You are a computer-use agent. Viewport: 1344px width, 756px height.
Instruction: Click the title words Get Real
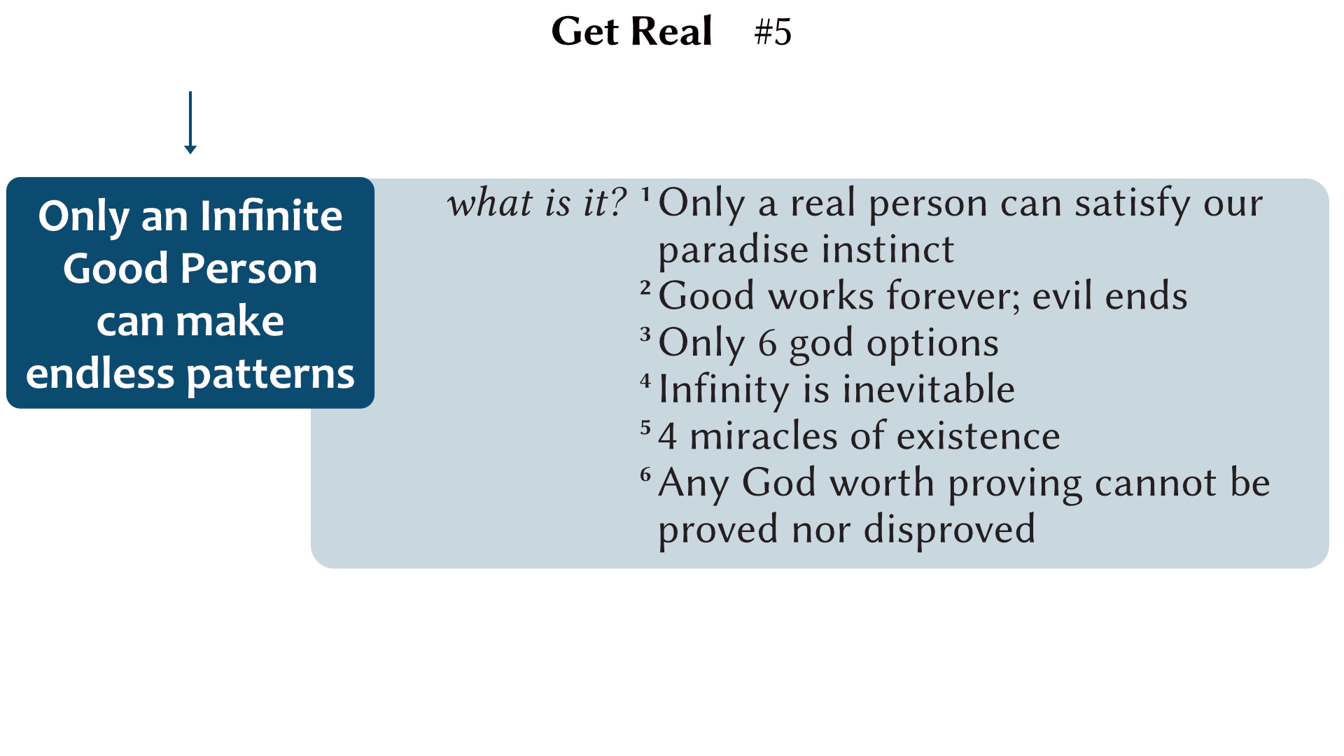pos(631,31)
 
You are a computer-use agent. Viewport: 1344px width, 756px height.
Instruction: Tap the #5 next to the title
pos(773,32)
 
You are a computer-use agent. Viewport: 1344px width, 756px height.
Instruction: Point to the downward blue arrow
pos(190,122)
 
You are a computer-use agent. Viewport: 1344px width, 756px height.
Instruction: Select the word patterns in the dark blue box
pos(271,374)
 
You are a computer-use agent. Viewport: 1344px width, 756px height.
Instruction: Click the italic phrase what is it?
pos(537,203)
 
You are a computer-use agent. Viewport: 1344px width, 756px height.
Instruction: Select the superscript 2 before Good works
pos(645,287)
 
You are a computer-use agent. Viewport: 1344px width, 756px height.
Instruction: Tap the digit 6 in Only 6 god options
pos(768,344)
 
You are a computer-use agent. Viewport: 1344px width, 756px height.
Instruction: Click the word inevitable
pos(929,390)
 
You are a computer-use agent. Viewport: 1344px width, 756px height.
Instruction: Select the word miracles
pos(764,437)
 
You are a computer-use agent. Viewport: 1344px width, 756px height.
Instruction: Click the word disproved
pos(949,529)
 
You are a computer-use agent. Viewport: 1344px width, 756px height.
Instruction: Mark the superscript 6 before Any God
pos(645,474)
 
